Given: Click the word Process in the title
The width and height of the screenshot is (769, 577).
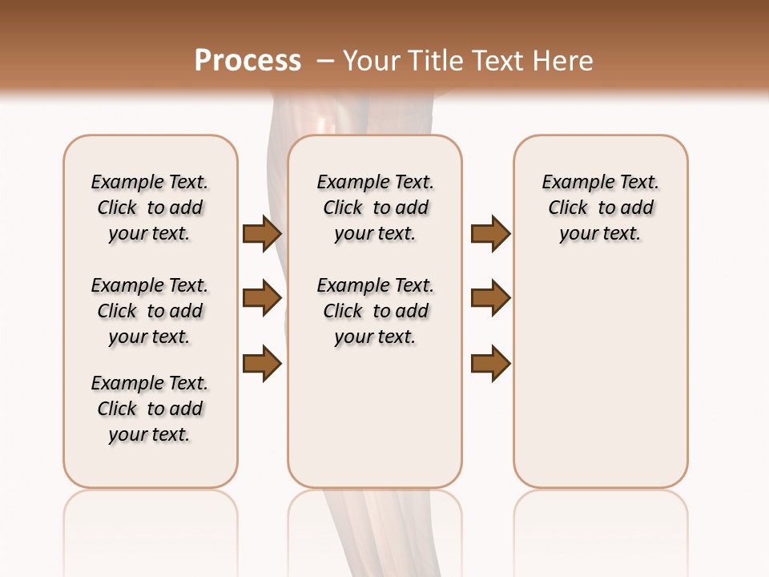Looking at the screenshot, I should (248, 61).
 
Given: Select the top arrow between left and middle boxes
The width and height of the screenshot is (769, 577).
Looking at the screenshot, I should (262, 234).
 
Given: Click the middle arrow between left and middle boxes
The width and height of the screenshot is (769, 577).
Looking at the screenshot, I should (262, 298).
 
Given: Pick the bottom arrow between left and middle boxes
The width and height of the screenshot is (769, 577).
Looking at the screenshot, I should (262, 363).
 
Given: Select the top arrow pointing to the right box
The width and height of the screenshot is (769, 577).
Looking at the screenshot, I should (490, 234).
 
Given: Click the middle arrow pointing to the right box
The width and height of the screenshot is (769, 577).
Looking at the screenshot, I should (490, 298).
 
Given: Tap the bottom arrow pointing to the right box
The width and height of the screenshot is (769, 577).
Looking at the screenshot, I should (490, 363).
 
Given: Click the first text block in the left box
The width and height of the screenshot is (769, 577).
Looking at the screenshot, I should (150, 208).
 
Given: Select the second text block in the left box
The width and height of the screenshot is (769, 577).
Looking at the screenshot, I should (150, 311).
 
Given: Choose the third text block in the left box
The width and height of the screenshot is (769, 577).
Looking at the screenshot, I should (150, 409).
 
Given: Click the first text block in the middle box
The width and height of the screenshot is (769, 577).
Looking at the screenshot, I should (376, 208).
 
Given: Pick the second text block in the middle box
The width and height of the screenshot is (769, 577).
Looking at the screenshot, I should (376, 311).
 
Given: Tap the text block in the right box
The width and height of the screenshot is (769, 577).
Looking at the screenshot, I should (601, 208).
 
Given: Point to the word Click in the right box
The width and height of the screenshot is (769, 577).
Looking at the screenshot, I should (569, 208).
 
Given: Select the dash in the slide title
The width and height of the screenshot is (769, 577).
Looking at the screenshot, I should (324, 61).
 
